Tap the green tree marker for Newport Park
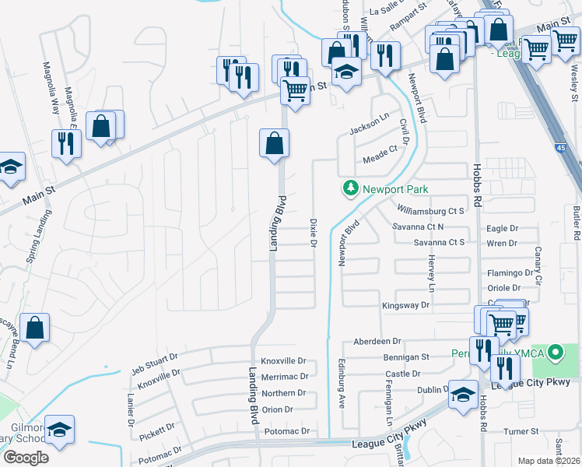click(x=351, y=188)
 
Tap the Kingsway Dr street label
click(x=405, y=306)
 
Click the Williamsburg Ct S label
click(x=429, y=211)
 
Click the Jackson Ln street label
click(x=369, y=125)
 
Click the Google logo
click(x=26, y=458)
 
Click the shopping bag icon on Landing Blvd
click(x=274, y=144)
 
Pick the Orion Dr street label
click(x=278, y=409)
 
